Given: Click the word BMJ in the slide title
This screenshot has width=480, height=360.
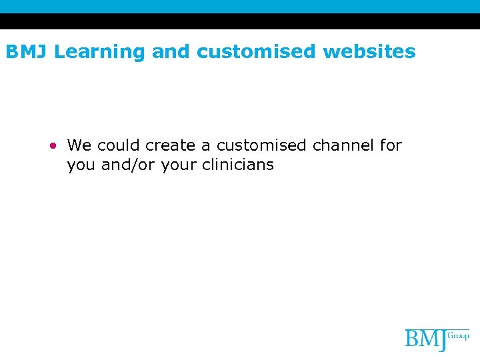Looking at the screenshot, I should tap(27, 51).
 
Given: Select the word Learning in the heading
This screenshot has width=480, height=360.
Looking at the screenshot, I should tap(99, 52).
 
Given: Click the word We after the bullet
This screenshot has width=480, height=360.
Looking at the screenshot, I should tap(79, 145).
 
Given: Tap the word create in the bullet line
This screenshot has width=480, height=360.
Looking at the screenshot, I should tap(171, 145).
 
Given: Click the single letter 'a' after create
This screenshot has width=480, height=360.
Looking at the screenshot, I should tap(207, 146).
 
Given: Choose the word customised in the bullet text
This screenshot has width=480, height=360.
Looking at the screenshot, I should tap(260, 145).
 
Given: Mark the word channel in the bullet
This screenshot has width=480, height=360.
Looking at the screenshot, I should tap(342, 145).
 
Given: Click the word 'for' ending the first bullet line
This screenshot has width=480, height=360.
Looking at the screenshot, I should tap(391, 145).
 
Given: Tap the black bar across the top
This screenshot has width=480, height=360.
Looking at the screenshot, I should tap(240, 21).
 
